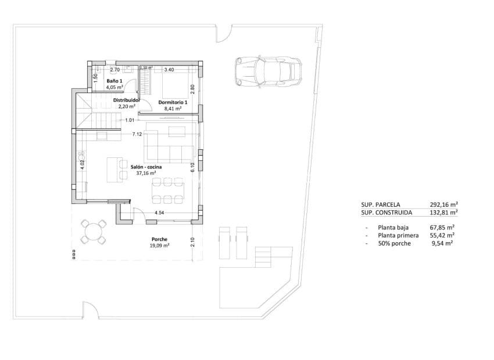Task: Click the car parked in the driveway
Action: [269, 71]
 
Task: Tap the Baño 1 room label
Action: [114, 81]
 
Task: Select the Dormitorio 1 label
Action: [173, 102]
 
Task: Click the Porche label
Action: [159, 239]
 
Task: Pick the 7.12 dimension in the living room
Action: [137, 134]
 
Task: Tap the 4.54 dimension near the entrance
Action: [159, 214]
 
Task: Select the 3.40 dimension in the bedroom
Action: [169, 70]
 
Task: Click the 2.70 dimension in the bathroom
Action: [114, 70]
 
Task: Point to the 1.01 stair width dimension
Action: [130, 120]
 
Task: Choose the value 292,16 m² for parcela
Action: [443, 204]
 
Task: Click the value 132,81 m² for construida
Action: [443, 213]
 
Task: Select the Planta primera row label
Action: [398, 235]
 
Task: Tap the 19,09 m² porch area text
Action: [159, 246]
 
